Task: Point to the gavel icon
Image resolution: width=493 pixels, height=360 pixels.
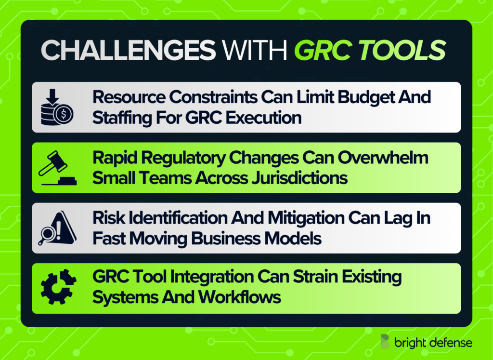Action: pyautogui.click(x=57, y=168)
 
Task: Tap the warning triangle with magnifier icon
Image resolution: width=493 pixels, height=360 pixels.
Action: pyautogui.click(x=57, y=228)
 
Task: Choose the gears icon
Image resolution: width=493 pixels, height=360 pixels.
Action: pyautogui.click(x=57, y=288)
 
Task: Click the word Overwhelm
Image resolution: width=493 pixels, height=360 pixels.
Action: pyautogui.click(x=385, y=158)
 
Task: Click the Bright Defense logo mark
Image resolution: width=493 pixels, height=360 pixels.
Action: pyautogui.click(x=386, y=342)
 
